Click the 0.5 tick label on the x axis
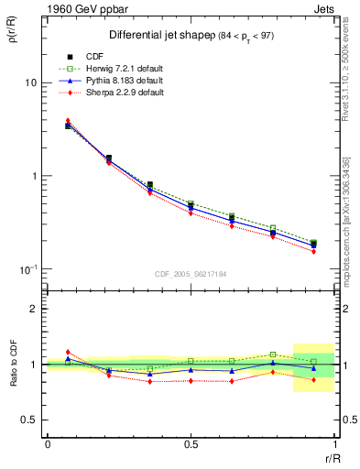[190, 444]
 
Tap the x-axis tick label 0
[48, 444]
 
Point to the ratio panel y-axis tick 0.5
[28, 420]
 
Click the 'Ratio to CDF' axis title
[14, 363]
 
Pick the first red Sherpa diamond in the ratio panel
[68, 352]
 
